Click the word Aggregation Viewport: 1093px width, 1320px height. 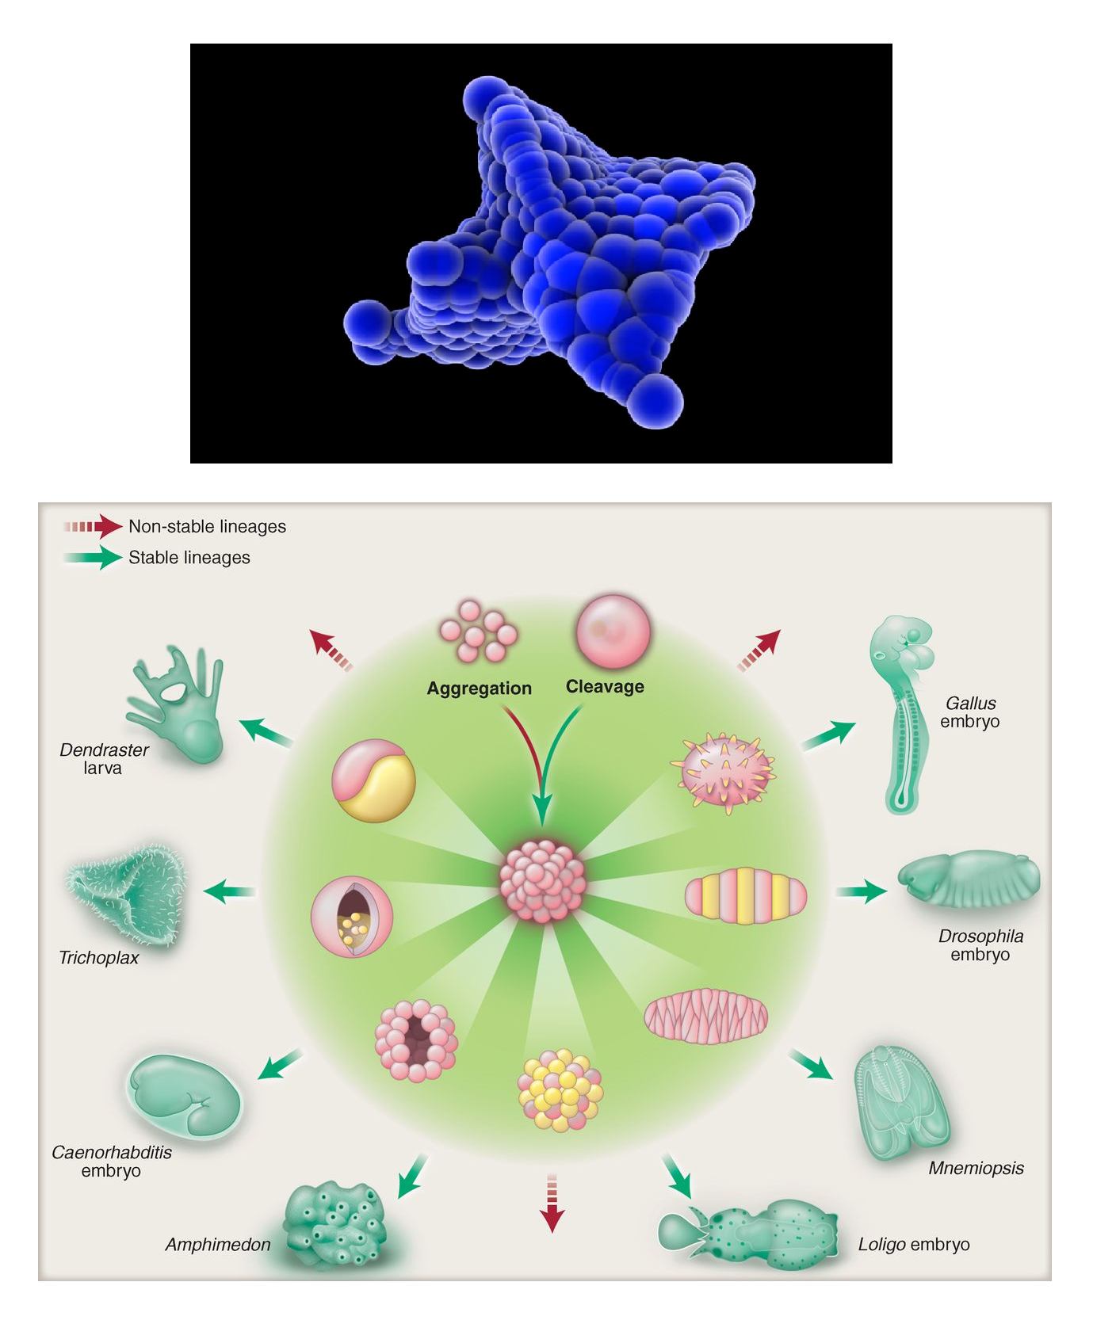pos(479,689)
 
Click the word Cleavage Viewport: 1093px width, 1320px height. pos(605,687)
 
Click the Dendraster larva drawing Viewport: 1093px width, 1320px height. pos(179,705)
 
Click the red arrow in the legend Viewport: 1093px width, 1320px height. pos(94,526)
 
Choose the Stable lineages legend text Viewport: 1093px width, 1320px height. pos(189,558)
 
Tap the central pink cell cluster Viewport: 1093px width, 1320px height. pos(543,882)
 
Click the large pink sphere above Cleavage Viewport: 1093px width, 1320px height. pos(613,633)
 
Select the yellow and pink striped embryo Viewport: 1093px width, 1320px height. pos(746,895)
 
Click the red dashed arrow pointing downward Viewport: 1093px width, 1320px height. pos(552,1203)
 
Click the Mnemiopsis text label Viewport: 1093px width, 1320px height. pos(976,1168)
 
